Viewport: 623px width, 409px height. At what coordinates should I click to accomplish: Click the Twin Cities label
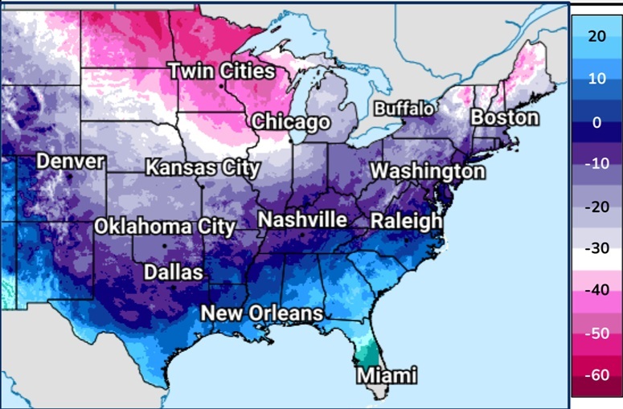point(221,72)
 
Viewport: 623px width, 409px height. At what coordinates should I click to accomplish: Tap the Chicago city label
point(291,122)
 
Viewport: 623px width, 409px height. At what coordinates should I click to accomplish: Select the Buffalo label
point(404,108)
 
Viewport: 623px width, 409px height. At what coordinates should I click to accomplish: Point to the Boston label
point(505,117)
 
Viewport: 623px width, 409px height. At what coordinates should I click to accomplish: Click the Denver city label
point(71,162)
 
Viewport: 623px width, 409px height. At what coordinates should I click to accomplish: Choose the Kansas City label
point(203,168)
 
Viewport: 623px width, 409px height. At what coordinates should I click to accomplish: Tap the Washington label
point(428,171)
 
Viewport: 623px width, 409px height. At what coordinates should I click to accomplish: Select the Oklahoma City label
point(165,226)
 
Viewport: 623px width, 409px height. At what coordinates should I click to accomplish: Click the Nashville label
point(303,219)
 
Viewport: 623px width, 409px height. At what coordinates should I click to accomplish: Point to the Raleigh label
point(407,220)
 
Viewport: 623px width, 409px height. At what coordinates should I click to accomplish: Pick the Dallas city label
point(173,272)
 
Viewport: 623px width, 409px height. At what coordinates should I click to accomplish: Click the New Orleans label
point(262,313)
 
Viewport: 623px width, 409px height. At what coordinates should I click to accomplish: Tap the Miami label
point(387,375)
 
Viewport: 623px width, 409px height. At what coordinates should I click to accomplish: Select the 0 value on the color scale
point(595,122)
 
